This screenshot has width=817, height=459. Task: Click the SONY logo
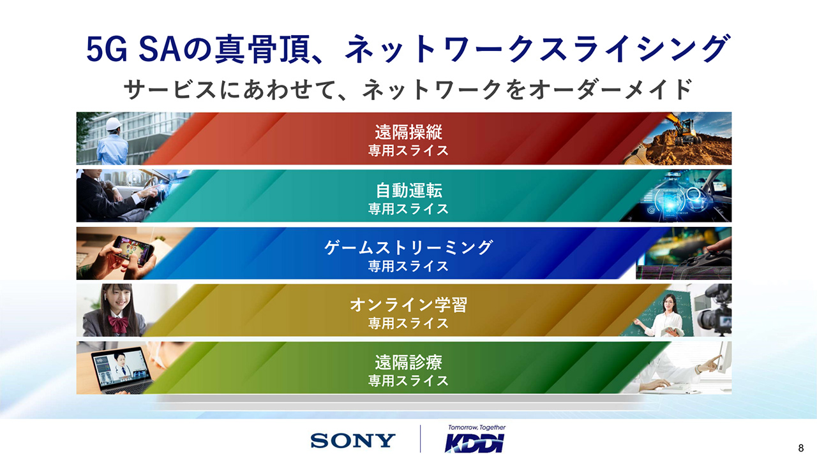point(353,440)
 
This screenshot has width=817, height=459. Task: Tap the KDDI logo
point(474,443)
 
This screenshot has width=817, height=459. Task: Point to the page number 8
point(801,448)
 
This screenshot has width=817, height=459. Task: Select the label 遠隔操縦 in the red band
point(408,132)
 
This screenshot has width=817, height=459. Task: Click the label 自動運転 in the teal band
point(409,190)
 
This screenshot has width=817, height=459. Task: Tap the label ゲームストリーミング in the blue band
point(408,248)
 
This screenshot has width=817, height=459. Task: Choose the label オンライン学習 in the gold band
point(408,305)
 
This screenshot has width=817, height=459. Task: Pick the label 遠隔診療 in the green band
point(408,362)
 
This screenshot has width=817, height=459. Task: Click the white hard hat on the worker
point(114,124)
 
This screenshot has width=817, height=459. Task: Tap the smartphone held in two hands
point(132,249)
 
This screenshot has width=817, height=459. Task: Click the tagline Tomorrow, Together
point(477,427)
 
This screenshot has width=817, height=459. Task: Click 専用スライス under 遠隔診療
point(408,381)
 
